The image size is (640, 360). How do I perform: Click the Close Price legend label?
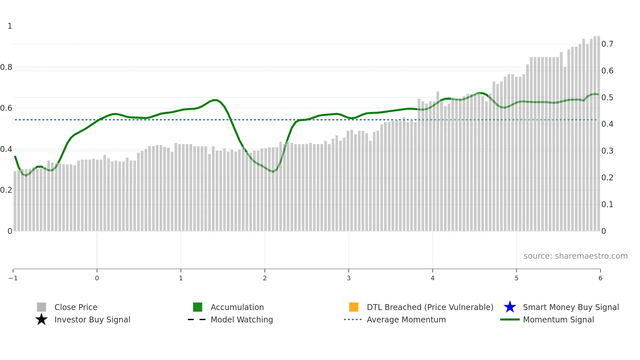[76, 307]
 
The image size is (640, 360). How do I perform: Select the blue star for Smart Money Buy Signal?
[510, 307]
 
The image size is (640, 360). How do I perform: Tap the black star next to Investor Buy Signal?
[41, 320]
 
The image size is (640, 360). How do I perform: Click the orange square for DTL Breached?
[354, 307]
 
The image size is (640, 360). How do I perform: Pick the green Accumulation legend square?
[198, 307]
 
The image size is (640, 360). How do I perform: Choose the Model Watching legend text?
[242, 320]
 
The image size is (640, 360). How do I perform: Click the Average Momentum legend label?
[406, 320]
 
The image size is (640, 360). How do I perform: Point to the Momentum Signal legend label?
[558, 320]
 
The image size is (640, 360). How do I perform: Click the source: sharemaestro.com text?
[575, 256]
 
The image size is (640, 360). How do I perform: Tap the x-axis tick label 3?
[349, 278]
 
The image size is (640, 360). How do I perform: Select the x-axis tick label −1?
[13, 278]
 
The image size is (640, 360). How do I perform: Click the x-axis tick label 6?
[600, 278]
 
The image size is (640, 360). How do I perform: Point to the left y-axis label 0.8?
[6, 67]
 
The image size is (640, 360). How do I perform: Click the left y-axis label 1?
[10, 26]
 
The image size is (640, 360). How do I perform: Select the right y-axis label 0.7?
[607, 44]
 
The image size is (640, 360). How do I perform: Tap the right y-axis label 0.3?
[607, 151]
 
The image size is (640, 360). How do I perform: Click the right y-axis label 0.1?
[607, 205]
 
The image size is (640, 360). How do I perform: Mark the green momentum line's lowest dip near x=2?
[273, 172]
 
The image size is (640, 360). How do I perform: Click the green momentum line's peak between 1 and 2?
[215, 100]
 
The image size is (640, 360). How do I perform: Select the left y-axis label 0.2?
[6, 190]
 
